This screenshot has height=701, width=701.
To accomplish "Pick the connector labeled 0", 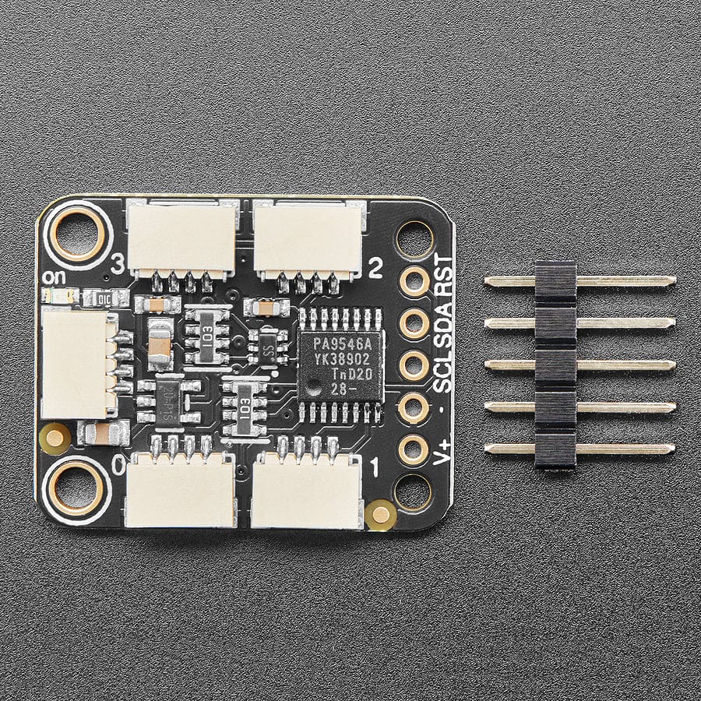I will coord(180,489).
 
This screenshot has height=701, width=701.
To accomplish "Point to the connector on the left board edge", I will coord(74,363).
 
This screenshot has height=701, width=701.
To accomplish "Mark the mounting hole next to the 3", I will coord(78,231).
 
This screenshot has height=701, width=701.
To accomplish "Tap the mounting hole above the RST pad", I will coord(414,238).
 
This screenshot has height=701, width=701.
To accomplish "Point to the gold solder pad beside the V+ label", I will coord(414,449).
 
